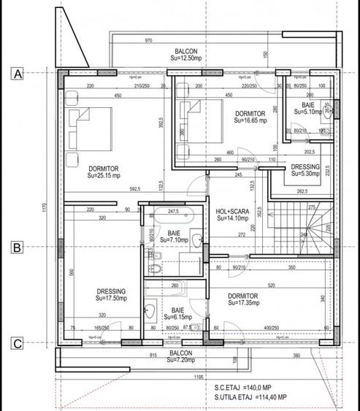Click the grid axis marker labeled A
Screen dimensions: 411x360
15,72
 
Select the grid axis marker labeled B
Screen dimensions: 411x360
15,247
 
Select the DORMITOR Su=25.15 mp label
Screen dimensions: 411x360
102,172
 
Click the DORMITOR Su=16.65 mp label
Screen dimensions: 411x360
250,118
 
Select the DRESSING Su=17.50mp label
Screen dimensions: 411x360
111,294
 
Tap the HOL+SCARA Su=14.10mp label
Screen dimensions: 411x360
232,214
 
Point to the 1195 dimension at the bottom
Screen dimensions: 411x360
199,377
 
